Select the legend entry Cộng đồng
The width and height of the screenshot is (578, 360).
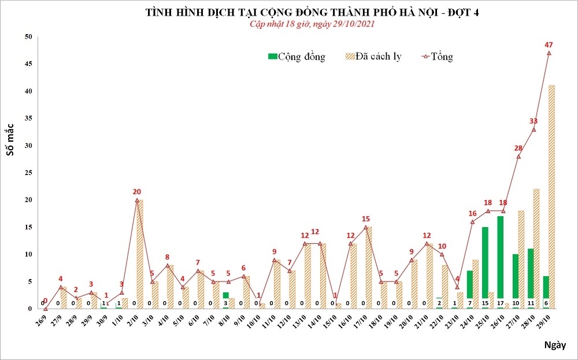pyautogui.click(x=297, y=57)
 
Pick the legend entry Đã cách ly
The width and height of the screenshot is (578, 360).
pyautogui.click(x=372, y=57)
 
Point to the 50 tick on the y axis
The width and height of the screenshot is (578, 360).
pyautogui.click(x=28, y=37)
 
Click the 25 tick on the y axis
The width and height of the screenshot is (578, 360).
pyautogui.click(x=28, y=173)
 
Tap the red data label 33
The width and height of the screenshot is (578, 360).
pyautogui.click(x=533, y=121)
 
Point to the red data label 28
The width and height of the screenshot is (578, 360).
pyautogui.click(x=518, y=149)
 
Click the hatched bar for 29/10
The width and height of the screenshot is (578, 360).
pyautogui.click(x=551, y=196)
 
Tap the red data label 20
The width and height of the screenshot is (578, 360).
pyautogui.click(x=136, y=192)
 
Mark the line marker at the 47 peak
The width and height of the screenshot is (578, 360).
pyautogui.click(x=549, y=53)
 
